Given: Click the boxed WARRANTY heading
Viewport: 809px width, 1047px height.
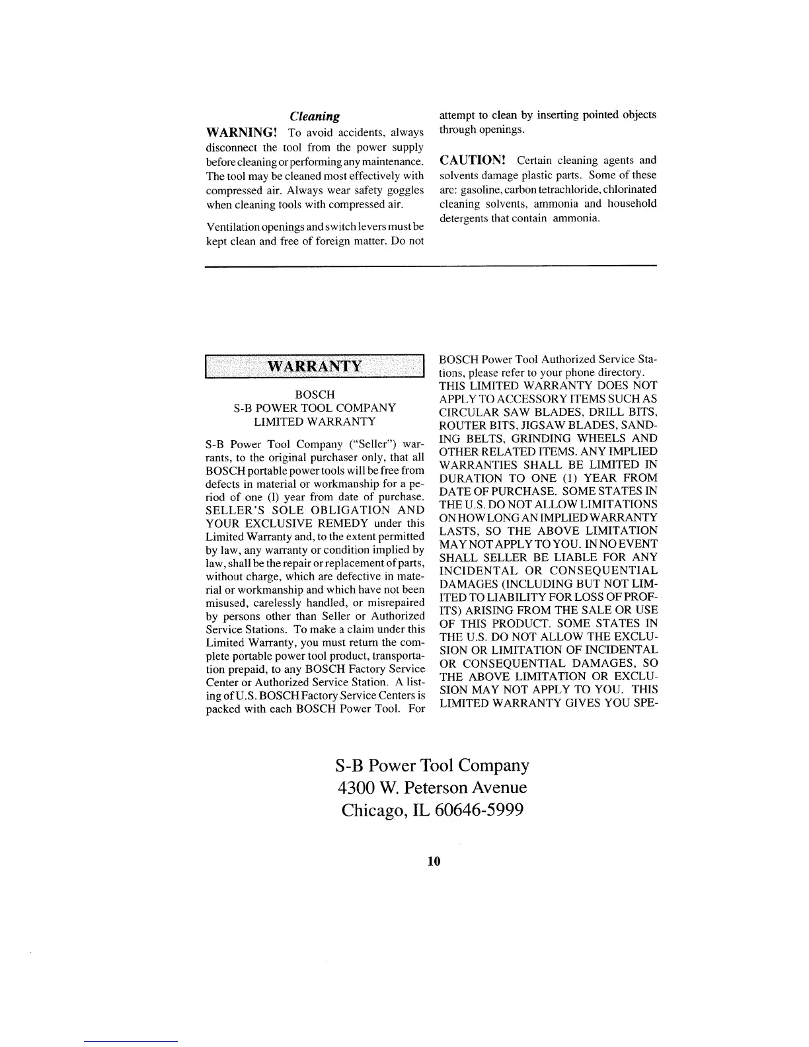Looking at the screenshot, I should point(314,366).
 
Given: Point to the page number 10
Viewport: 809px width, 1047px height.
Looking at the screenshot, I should point(434,861).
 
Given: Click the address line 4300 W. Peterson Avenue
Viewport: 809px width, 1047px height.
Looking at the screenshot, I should point(432,787).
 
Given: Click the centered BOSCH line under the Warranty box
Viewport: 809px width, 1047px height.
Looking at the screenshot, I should point(315,395).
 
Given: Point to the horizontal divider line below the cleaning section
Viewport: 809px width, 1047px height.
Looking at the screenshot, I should point(431,266).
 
